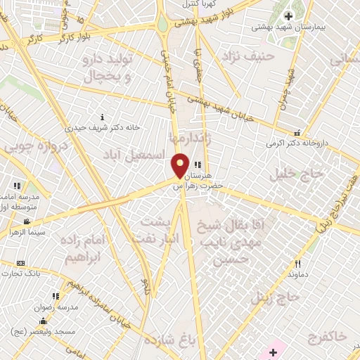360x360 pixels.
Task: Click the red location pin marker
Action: [x=180, y=165]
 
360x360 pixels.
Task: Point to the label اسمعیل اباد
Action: [x=134, y=153]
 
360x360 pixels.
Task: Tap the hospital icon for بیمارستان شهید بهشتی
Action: [x=288, y=16]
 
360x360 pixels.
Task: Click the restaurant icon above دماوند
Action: [x=297, y=264]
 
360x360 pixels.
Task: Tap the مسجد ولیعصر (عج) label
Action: [x=39, y=329]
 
